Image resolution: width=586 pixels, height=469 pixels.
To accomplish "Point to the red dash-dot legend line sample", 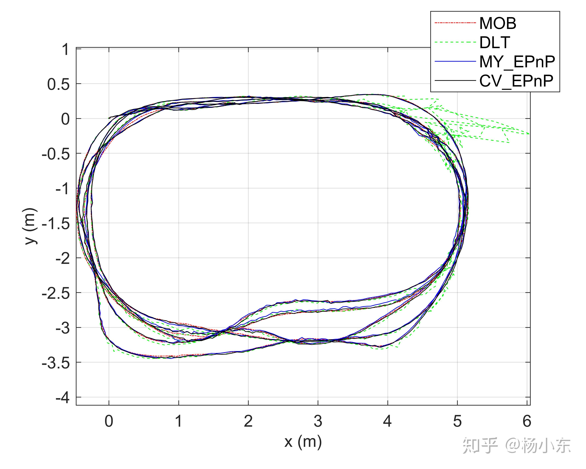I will [455, 23].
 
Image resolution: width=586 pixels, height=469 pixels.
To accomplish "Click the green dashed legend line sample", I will [455, 42].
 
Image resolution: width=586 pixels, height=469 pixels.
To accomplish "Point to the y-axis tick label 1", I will [65, 50].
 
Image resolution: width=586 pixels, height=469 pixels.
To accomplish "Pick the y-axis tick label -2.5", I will [56, 294].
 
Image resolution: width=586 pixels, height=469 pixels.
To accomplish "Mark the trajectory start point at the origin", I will [109, 118].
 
